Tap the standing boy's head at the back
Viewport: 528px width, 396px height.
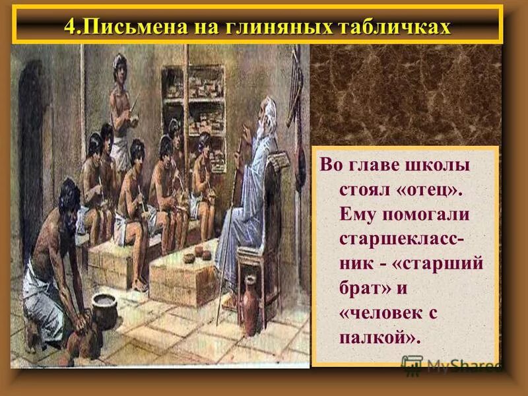tap(120, 63)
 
